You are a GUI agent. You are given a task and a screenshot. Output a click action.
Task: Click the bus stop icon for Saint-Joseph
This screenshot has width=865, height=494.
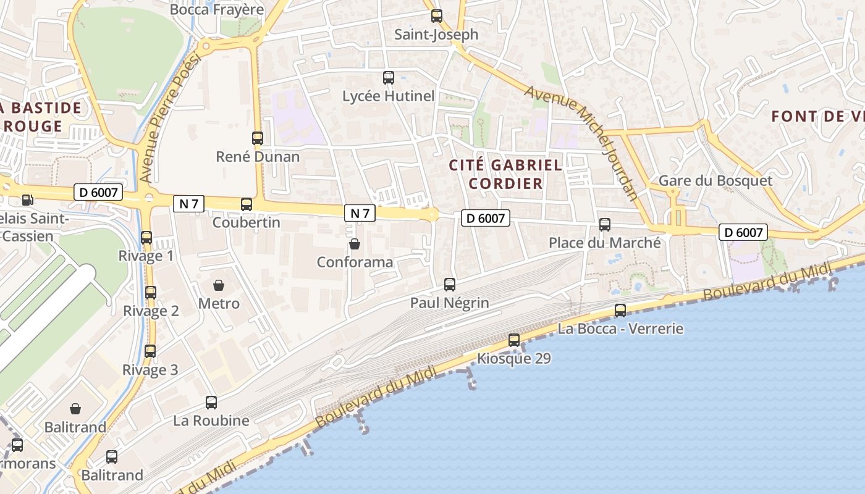[x=437, y=16]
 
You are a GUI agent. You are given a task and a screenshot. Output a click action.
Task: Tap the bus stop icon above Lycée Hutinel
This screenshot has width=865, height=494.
[x=389, y=78]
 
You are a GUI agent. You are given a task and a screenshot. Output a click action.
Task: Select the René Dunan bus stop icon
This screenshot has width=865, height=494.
[x=258, y=138]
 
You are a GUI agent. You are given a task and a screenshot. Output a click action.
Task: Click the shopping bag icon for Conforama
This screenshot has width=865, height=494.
[x=355, y=244]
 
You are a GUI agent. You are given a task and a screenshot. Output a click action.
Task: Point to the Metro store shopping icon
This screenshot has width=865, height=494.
[x=219, y=285]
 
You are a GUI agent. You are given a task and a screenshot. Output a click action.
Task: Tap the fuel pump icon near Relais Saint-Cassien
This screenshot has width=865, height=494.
[x=27, y=199]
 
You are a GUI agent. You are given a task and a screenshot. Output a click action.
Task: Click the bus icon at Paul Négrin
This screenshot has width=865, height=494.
[x=450, y=285]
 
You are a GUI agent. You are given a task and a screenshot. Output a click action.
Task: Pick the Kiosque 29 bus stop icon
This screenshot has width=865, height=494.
[x=514, y=340]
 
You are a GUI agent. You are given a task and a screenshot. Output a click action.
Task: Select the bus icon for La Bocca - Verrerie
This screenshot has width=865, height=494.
[x=620, y=311]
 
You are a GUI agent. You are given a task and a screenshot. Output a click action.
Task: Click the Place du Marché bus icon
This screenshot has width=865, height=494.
[x=605, y=225]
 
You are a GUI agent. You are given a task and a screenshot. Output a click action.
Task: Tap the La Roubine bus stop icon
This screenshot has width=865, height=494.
[x=211, y=403]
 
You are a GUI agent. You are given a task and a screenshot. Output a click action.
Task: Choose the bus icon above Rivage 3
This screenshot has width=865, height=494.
[x=150, y=351]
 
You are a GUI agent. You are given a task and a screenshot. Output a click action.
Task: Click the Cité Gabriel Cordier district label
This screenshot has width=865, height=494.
[x=505, y=174]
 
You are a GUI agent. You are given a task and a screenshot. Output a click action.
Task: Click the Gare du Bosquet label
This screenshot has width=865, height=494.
[x=715, y=181]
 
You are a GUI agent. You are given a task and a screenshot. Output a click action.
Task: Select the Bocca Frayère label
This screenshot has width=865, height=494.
[x=217, y=9]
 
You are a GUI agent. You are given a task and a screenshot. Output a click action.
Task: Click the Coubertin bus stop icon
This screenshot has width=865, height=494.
[x=247, y=204]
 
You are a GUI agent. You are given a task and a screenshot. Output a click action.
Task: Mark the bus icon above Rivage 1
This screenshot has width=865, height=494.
[x=146, y=238]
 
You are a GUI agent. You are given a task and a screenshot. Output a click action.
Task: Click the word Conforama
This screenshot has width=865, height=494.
[x=355, y=262]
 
